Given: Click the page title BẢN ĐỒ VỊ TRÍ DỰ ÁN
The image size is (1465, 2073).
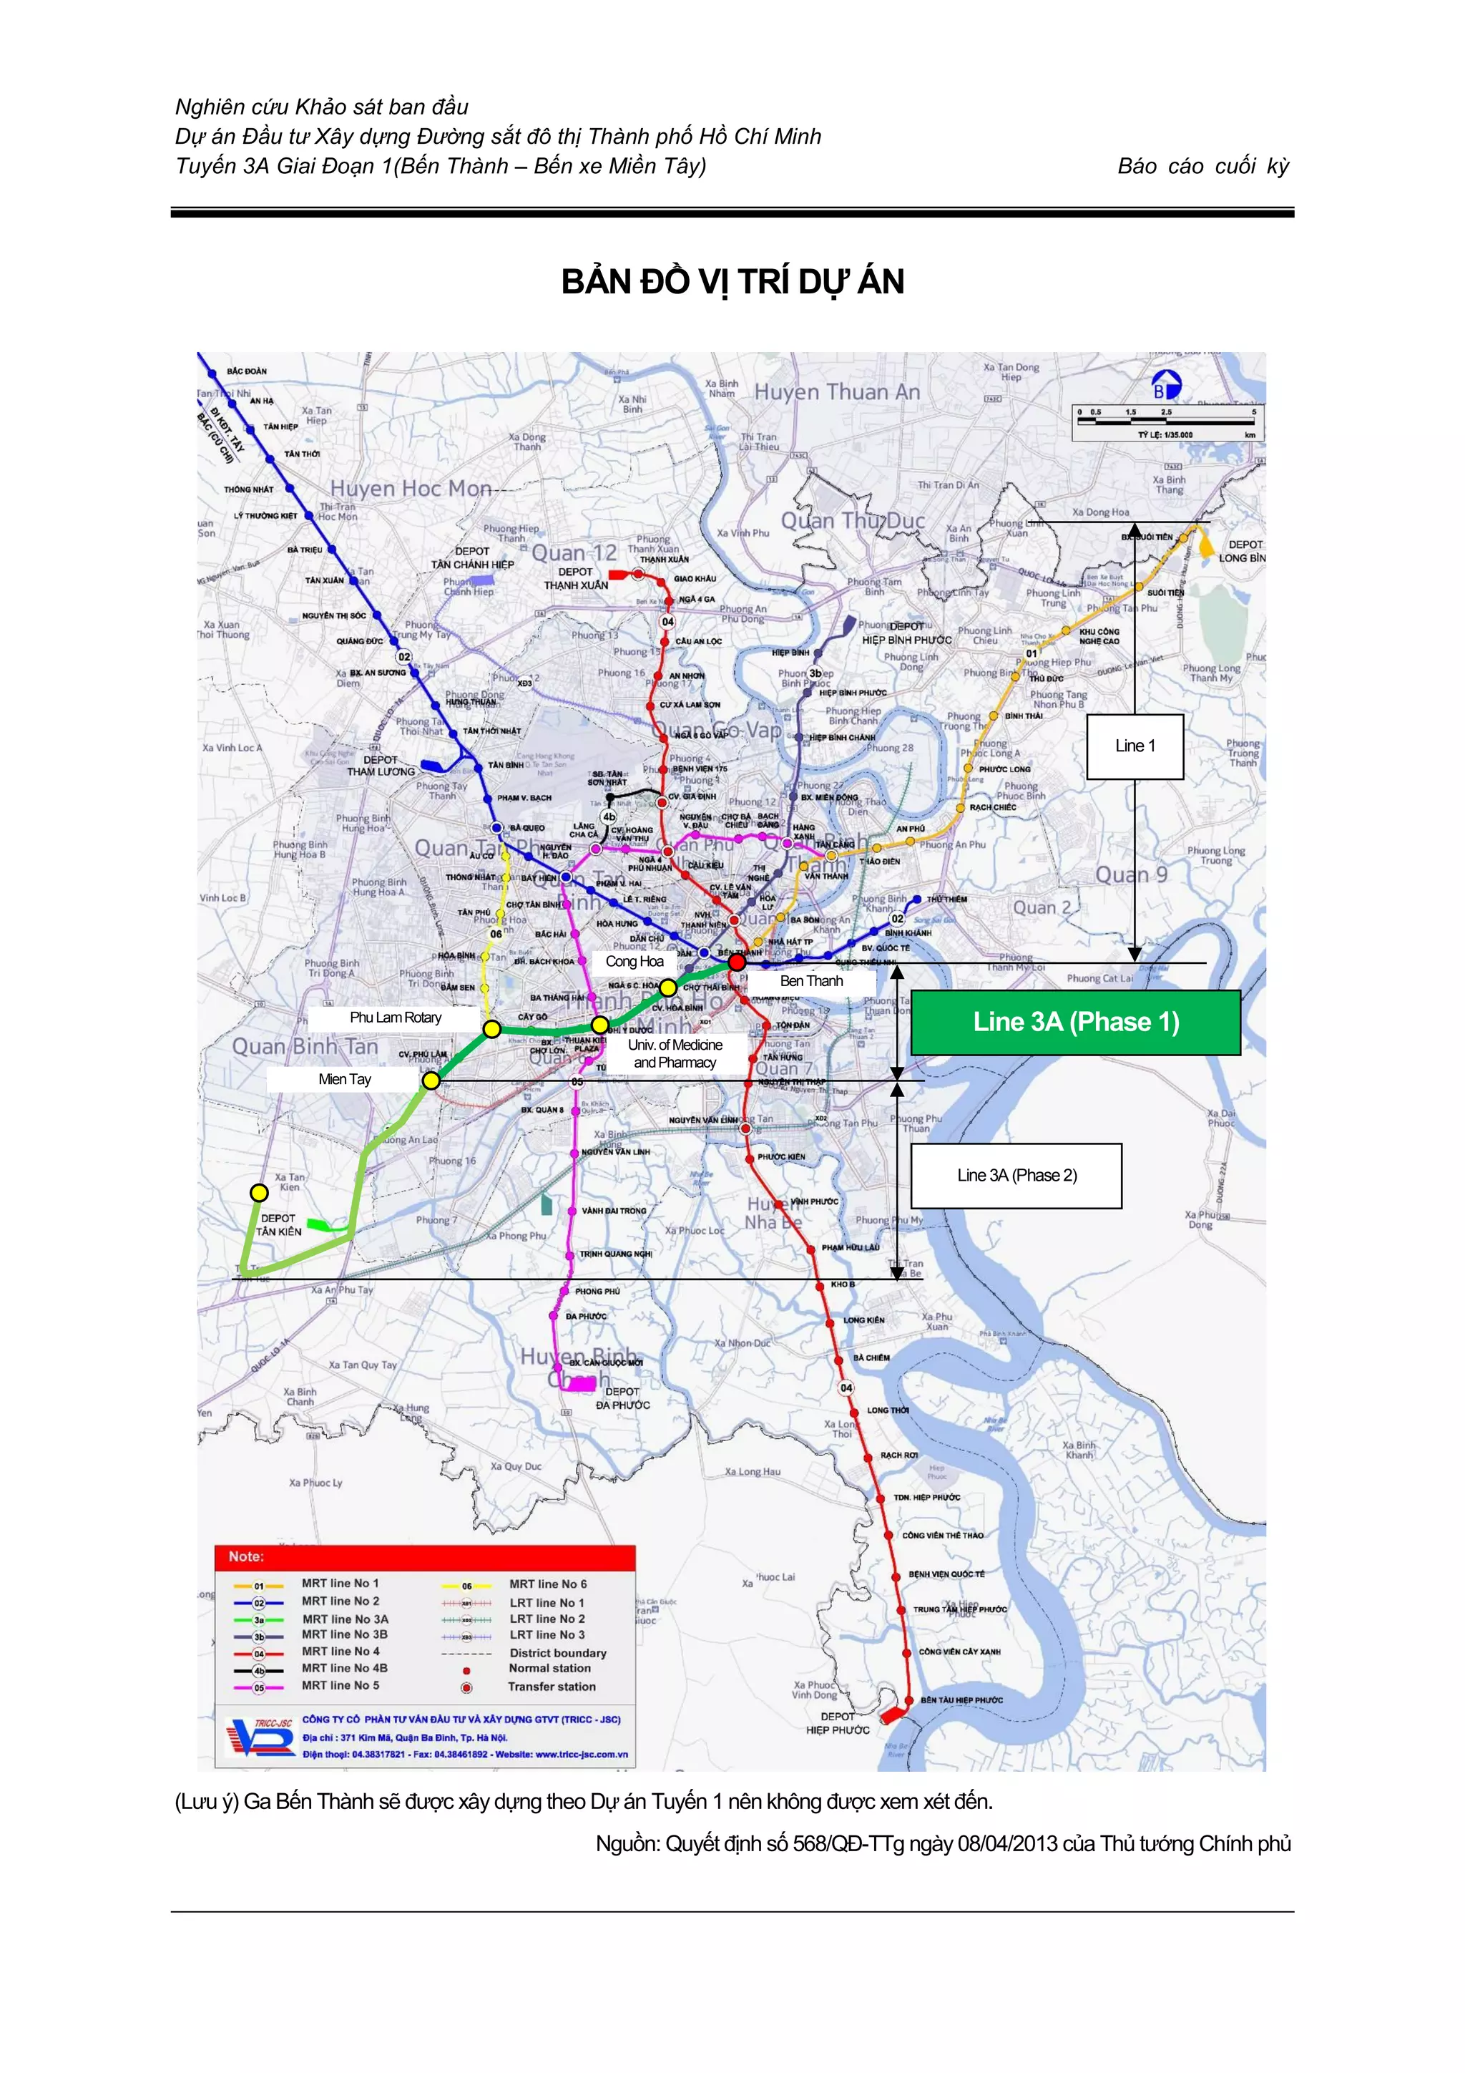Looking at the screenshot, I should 732,282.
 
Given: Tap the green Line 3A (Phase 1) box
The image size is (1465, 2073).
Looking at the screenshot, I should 1075,1022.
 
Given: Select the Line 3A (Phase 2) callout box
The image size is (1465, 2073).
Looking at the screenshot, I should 1016,1176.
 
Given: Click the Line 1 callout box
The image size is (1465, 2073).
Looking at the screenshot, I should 1135,746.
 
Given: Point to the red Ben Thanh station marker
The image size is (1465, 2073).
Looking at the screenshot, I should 737,963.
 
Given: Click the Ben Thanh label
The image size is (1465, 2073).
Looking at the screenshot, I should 810,980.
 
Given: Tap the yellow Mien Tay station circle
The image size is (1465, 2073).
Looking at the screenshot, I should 431,1081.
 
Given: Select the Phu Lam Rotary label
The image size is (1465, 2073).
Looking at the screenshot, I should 396,1018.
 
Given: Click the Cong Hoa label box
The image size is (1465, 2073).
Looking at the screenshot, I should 634,962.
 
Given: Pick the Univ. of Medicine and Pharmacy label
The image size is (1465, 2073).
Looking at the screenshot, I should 675,1053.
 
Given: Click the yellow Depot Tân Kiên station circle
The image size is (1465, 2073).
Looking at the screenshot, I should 259,1193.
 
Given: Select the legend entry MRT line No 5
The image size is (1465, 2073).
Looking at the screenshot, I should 340,1686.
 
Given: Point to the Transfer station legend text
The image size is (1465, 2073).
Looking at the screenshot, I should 552,1687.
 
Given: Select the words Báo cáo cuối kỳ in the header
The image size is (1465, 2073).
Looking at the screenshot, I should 1203,166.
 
